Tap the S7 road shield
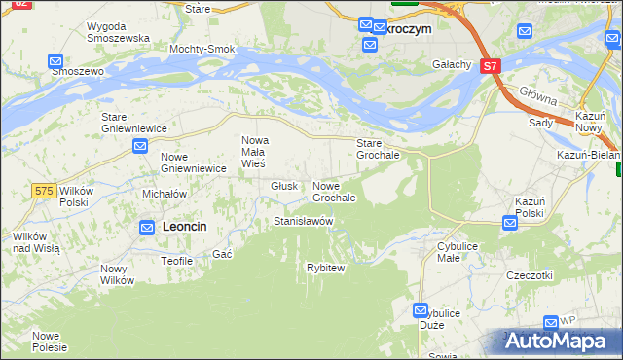(x=490, y=67)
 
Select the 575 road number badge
(x=43, y=191)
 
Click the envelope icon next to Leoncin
(x=147, y=228)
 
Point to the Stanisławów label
(x=303, y=221)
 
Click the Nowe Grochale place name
(x=334, y=192)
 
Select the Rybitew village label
(x=325, y=268)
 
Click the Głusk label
(x=284, y=186)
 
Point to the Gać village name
(x=222, y=254)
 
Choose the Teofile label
(x=176, y=261)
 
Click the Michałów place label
(x=164, y=194)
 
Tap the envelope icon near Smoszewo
(x=55, y=61)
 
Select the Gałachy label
(x=452, y=65)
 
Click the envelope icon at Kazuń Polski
(x=510, y=224)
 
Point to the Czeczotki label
(x=529, y=275)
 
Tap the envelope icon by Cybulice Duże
(x=421, y=312)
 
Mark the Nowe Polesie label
(x=50, y=341)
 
